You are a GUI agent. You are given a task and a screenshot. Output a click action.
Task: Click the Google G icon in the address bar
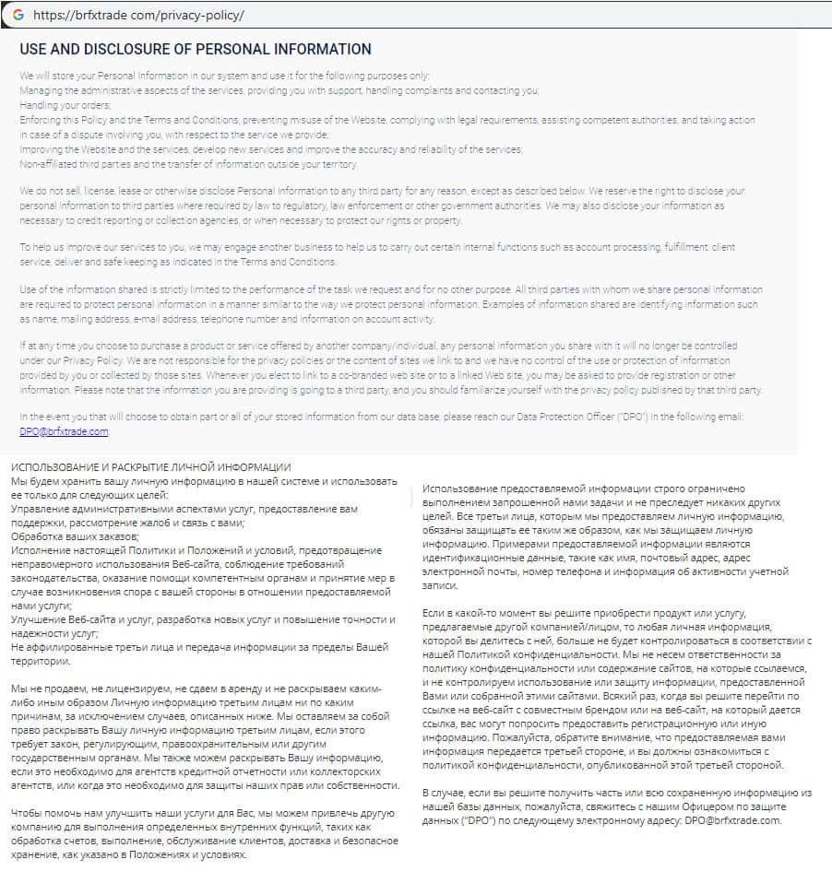coord(18,16)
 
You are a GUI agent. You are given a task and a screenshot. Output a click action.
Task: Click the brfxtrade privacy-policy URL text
coord(139,16)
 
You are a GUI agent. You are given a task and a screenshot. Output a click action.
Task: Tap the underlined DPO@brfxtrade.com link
coord(64,431)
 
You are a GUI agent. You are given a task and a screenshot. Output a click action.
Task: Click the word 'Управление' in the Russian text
coord(40,508)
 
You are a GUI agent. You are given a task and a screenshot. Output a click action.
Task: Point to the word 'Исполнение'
coord(40,549)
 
